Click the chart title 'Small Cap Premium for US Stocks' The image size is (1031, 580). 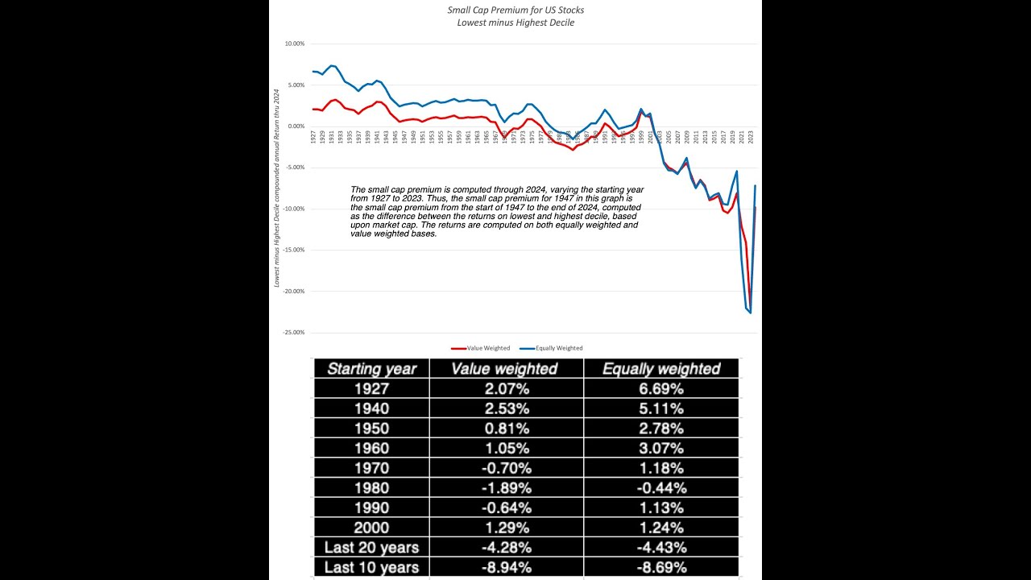tap(515, 10)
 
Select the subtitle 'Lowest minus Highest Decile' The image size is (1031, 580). tap(515, 23)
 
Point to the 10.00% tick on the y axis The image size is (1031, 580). tap(294, 43)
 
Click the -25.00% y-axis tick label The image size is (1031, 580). tap(293, 332)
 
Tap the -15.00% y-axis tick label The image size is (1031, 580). tap(293, 250)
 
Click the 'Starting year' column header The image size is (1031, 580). tap(371, 369)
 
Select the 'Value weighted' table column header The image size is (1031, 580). tap(504, 369)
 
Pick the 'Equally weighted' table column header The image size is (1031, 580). tap(660, 369)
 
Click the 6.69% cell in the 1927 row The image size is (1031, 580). tap(660, 389)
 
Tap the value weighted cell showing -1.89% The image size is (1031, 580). tap(504, 488)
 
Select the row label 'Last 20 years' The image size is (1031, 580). tap(371, 548)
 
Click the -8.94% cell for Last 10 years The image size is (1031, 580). tap(504, 568)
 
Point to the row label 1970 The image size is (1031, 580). tap(371, 468)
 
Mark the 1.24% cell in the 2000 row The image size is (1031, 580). tap(660, 528)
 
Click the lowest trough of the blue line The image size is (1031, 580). tap(751, 313)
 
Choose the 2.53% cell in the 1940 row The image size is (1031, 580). tap(504, 408)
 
